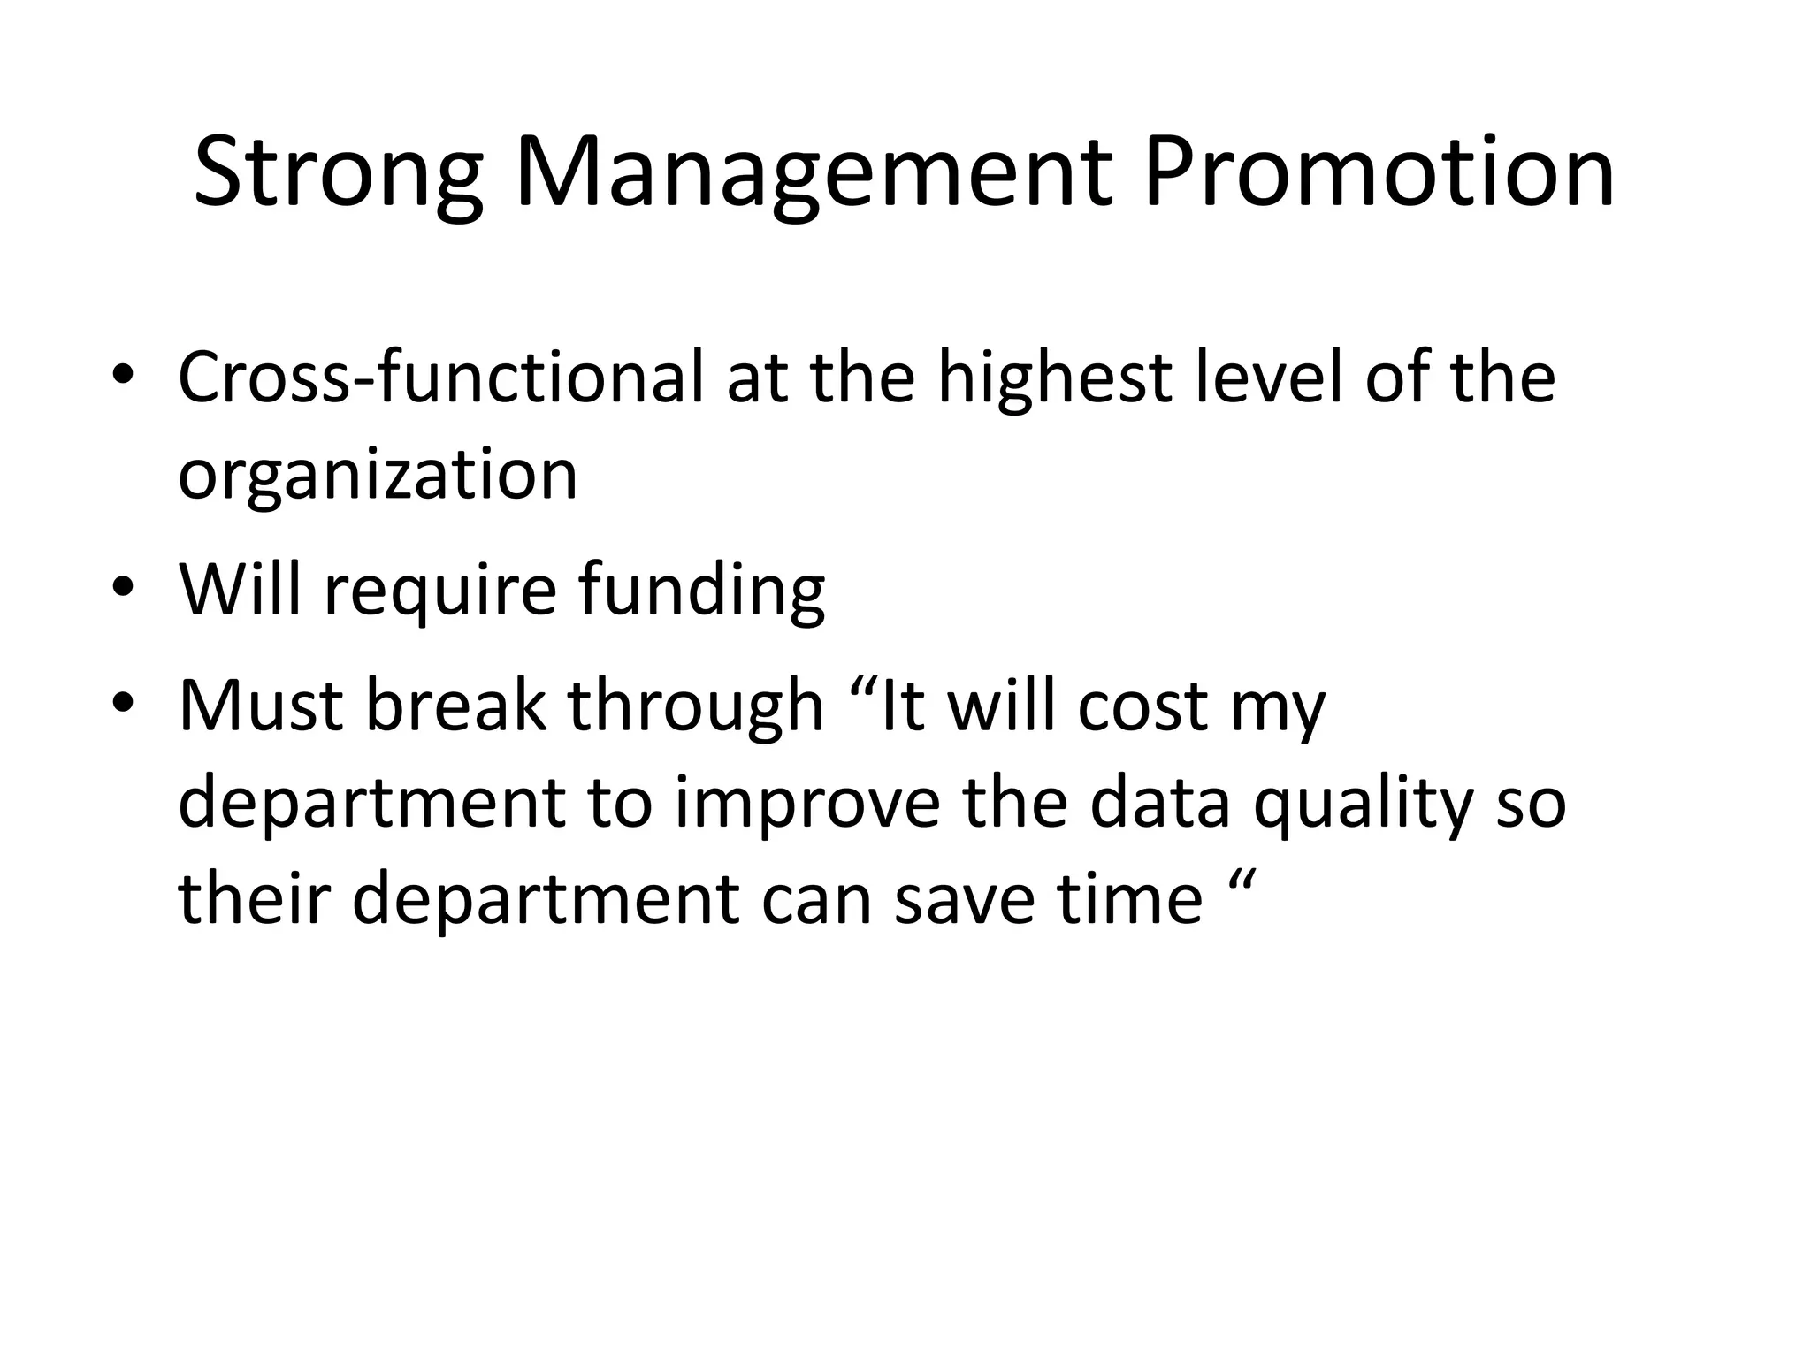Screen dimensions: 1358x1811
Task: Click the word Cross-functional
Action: coord(440,378)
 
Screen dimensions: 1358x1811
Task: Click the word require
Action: coord(440,591)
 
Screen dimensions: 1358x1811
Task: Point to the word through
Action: coord(695,707)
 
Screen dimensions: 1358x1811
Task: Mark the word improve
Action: coord(807,805)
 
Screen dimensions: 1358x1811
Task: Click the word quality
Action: coord(1364,805)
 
